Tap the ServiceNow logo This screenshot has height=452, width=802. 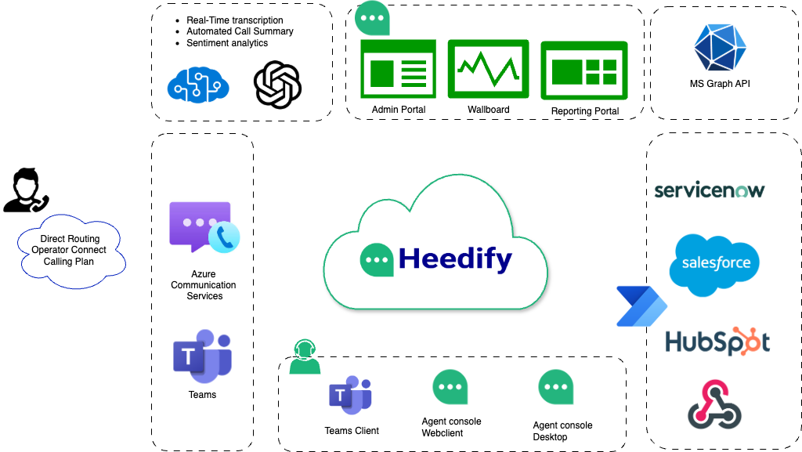coord(709,190)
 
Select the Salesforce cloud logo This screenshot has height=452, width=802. coord(714,264)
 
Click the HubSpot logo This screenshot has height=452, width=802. coord(717,342)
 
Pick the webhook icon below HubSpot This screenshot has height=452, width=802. coord(713,404)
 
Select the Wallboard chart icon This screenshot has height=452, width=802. coord(488,69)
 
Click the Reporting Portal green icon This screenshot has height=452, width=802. coord(584,71)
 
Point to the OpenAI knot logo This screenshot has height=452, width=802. coord(278,85)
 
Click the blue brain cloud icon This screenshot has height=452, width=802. coord(198,84)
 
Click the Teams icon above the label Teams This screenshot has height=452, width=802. coord(202,356)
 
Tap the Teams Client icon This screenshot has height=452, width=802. coord(350,396)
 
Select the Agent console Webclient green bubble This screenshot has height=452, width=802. coord(450,387)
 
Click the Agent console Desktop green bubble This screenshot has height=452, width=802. coord(556,387)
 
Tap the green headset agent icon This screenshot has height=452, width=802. coord(305,357)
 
